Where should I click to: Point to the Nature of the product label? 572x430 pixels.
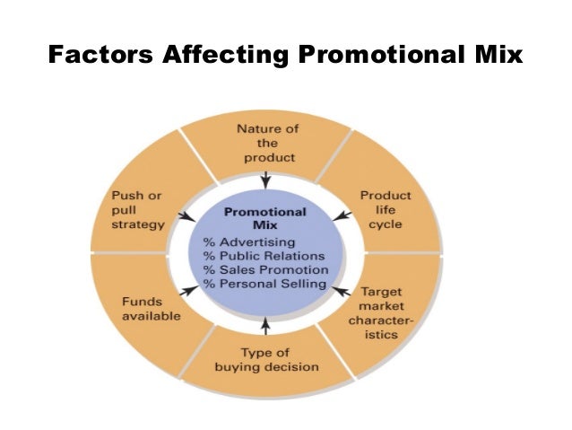click(x=267, y=144)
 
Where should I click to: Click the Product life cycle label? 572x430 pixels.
click(x=386, y=209)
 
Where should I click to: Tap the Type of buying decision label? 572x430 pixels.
click(x=266, y=360)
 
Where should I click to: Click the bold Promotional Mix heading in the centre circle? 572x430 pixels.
click(x=264, y=219)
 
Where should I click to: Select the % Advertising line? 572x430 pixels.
click(x=249, y=242)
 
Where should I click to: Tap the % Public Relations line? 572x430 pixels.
click(x=265, y=256)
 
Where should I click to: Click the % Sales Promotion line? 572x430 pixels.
click(x=265, y=269)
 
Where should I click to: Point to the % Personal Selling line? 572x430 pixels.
click(x=264, y=283)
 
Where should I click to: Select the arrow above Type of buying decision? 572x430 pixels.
click(x=265, y=326)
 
